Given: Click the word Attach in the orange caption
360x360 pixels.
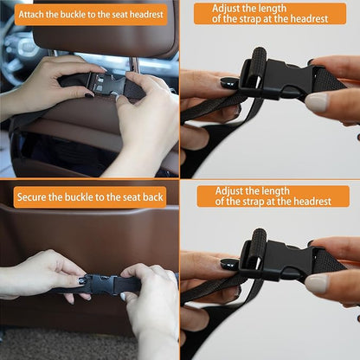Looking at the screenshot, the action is (31, 15).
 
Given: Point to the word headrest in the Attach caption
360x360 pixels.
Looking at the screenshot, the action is (146, 15).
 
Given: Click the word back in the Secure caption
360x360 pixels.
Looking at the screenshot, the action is (153, 197).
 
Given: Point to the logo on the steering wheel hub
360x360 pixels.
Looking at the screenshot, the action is (29, 47).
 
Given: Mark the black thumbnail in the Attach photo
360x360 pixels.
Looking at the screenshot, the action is (89, 95).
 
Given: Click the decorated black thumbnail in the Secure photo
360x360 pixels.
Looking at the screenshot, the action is (82, 280).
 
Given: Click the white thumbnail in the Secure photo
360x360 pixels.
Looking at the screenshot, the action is (123, 296).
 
